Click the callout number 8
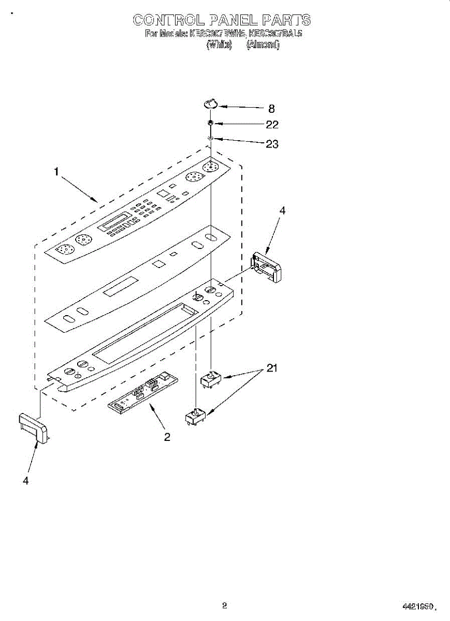coord(271,109)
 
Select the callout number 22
coord(272,125)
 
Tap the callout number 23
coord(272,144)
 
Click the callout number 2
coord(167,437)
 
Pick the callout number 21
coord(272,368)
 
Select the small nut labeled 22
coord(211,123)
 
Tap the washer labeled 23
coord(211,138)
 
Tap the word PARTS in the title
coord(286,20)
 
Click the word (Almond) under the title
coord(263,45)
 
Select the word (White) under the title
coord(219,45)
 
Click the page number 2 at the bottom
coord(225,604)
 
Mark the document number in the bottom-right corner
coord(418,607)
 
